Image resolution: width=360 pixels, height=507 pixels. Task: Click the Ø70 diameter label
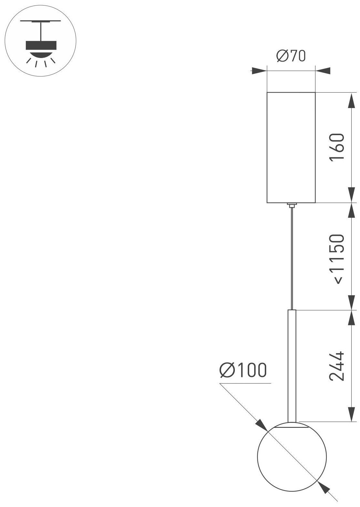coord(291,57)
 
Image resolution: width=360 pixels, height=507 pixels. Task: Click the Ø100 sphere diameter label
coord(243,370)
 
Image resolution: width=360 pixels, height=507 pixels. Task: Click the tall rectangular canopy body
coord(291,147)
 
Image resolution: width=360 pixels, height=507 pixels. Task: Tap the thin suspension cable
coord(292,258)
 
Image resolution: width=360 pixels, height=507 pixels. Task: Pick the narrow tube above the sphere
coord(291,364)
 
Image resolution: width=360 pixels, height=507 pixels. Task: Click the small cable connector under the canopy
coord(292,204)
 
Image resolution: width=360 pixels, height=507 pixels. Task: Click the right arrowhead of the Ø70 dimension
coord(323,71)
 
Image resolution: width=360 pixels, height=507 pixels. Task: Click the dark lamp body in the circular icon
coord(41,45)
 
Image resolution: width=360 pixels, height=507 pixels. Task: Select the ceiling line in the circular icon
coord(41,21)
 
